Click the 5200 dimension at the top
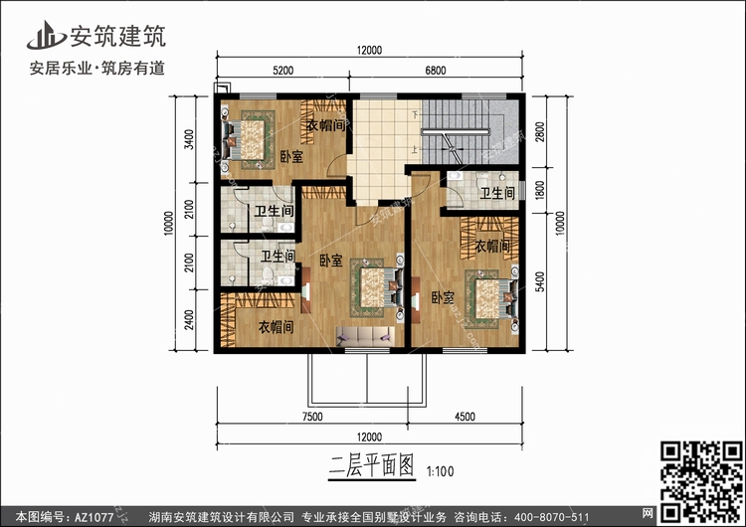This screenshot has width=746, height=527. point(283,71)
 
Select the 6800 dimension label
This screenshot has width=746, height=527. point(436,71)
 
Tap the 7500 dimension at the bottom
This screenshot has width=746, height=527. point(312,417)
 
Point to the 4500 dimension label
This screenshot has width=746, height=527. point(465,417)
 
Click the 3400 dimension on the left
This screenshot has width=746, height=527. point(189,139)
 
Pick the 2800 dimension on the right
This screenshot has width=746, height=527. point(539,131)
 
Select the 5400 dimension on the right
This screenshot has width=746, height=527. point(539,281)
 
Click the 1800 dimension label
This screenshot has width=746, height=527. point(539,190)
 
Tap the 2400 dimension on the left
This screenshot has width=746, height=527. point(189,319)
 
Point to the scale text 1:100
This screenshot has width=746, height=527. point(440,471)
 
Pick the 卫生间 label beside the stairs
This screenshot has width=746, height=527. point(497,193)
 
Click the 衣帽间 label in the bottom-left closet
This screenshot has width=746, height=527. point(276,327)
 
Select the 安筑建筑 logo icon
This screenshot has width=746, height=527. point(46,35)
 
